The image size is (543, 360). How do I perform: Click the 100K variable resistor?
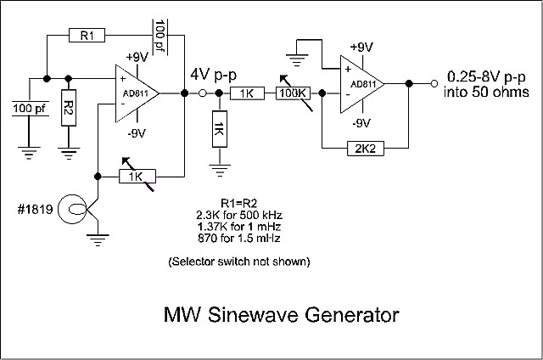tap(294, 93)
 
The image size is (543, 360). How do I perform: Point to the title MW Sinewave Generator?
tap(280, 316)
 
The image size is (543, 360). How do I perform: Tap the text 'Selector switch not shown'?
tap(238, 261)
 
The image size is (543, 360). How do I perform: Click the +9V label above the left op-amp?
tap(137, 57)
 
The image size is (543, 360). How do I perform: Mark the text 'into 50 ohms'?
tap(479, 91)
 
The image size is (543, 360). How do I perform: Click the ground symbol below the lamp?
tap(99, 240)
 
